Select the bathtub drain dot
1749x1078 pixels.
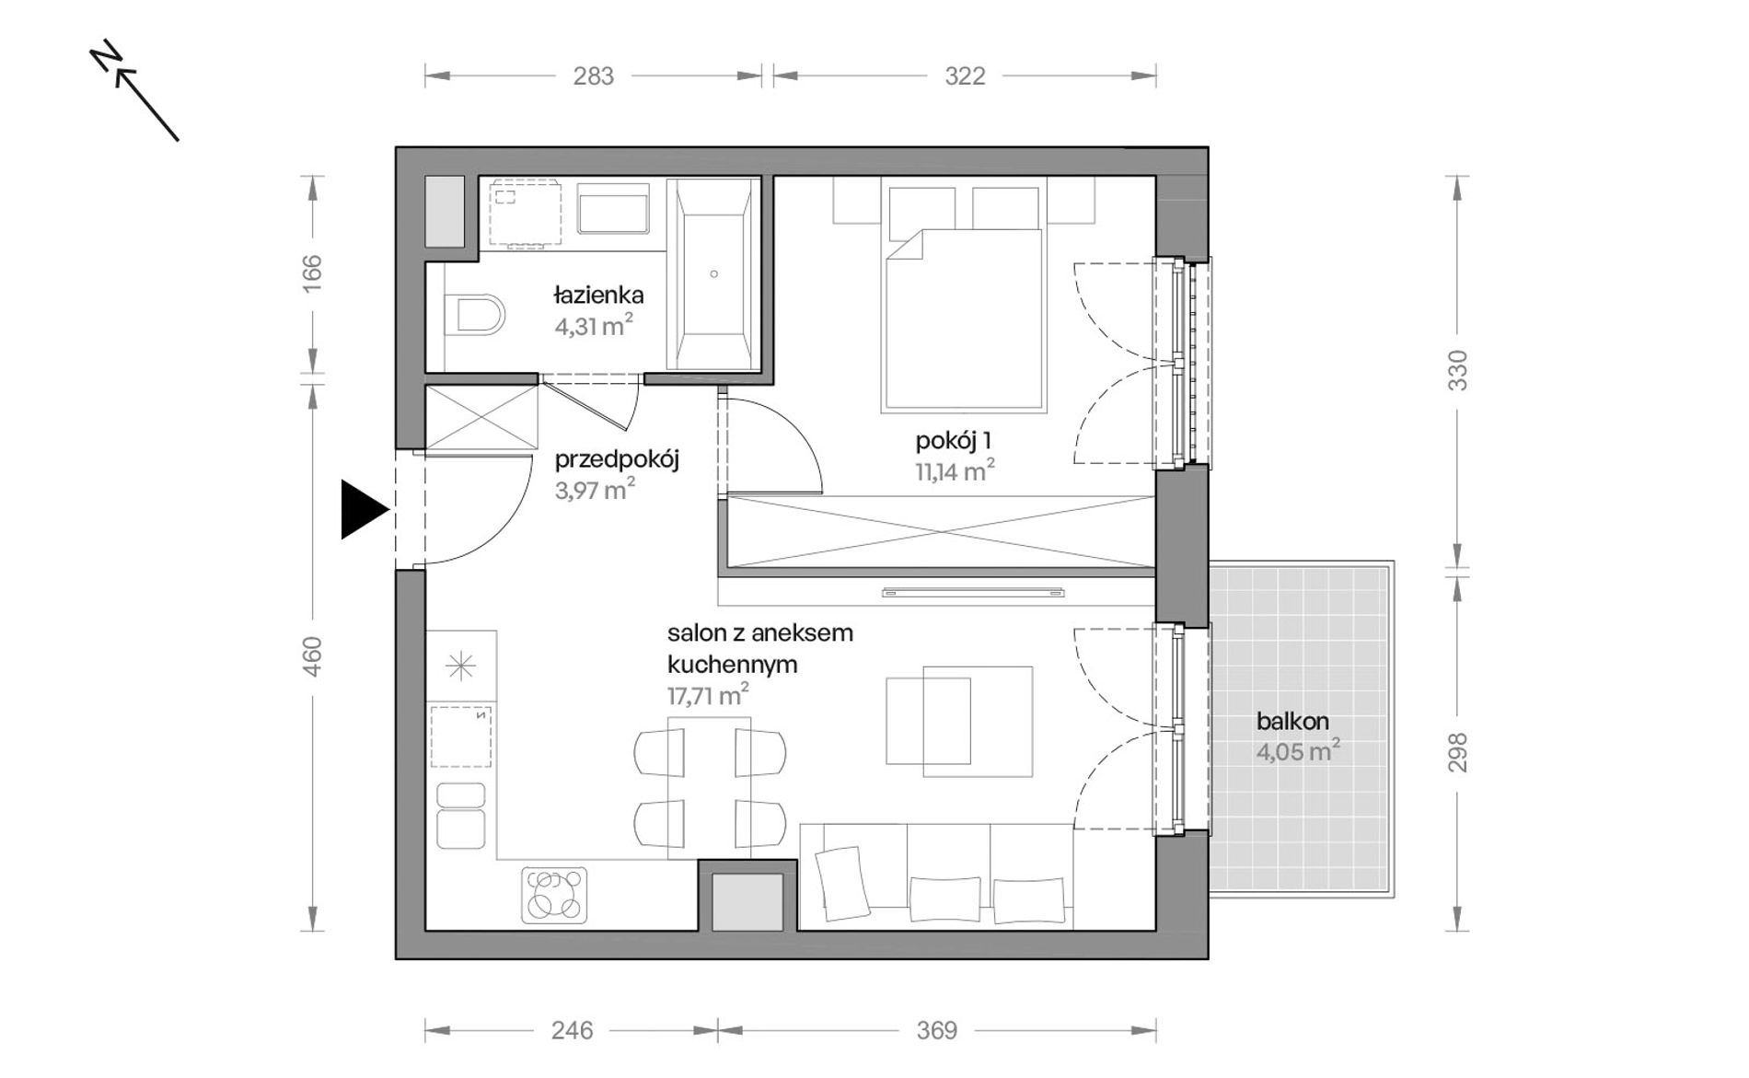[713, 273]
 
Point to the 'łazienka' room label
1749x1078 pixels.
[598, 296]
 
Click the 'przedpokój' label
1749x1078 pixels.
[617, 459]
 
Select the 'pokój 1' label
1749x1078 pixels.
[953, 441]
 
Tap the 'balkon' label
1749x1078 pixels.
[1292, 722]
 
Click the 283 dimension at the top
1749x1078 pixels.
[594, 76]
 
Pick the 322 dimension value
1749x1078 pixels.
[965, 76]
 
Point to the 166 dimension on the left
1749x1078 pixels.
[313, 273]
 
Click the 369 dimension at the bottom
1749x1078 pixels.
[936, 1030]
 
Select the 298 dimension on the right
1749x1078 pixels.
[1457, 752]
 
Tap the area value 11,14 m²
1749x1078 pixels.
[955, 471]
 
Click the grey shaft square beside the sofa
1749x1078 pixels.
[747, 902]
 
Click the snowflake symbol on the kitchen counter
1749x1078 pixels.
[460, 666]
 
